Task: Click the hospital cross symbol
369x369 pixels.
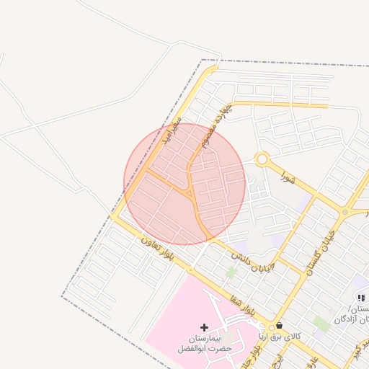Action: click(x=204, y=328)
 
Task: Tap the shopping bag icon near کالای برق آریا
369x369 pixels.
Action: click(x=279, y=325)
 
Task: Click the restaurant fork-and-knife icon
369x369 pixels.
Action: click(x=361, y=297)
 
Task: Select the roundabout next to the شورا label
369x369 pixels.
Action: click(x=262, y=159)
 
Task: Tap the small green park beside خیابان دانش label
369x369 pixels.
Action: click(x=231, y=272)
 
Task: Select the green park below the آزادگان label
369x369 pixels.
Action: click(x=321, y=324)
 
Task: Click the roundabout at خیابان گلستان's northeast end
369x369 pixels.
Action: click(x=345, y=212)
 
